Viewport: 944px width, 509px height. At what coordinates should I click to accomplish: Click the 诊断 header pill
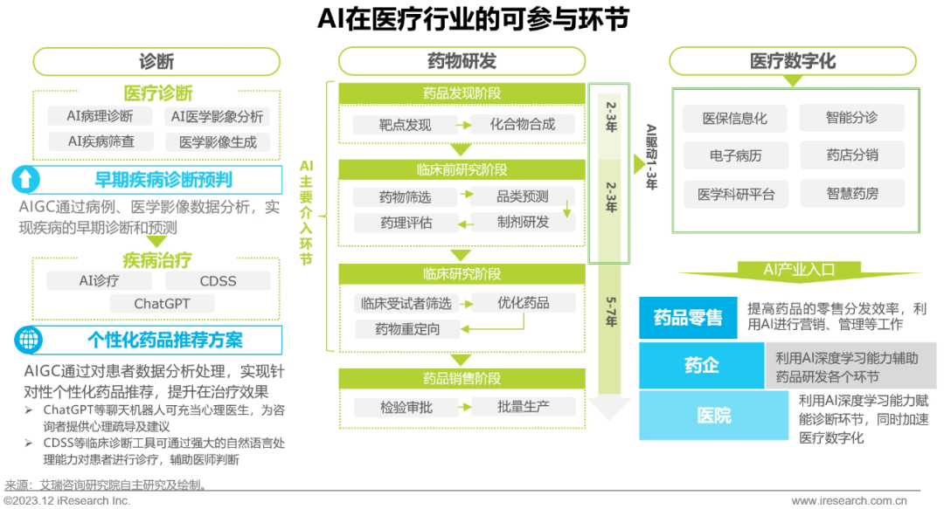pyautogui.click(x=156, y=61)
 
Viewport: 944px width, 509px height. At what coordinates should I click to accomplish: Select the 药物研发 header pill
pyautogui.click(x=462, y=61)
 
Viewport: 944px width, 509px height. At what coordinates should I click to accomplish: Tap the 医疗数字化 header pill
pyautogui.click(x=792, y=61)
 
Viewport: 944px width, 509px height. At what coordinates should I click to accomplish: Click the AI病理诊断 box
pyautogui.click(x=101, y=116)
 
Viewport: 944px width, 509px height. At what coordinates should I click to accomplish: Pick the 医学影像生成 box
pyautogui.click(x=218, y=141)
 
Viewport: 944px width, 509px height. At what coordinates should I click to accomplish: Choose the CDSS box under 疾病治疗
pyautogui.click(x=218, y=281)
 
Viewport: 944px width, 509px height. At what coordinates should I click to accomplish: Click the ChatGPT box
pyautogui.click(x=162, y=304)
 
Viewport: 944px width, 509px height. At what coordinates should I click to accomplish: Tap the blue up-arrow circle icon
pyautogui.click(x=27, y=180)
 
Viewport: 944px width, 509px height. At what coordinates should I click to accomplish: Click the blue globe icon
pyautogui.click(x=27, y=340)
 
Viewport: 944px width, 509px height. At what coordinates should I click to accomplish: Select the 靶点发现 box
pyautogui.click(x=405, y=125)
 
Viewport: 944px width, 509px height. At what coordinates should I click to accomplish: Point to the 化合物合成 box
pyautogui.click(x=523, y=124)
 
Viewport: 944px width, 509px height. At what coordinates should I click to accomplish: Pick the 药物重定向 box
pyautogui.click(x=407, y=329)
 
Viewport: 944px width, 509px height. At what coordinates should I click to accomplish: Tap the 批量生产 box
pyautogui.click(x=523, y=407)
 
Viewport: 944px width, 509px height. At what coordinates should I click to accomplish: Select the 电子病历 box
pyautogui.click(x=735, y=156)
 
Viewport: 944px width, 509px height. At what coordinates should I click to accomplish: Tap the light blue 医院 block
pyautogui.click(x=714, y=416)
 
